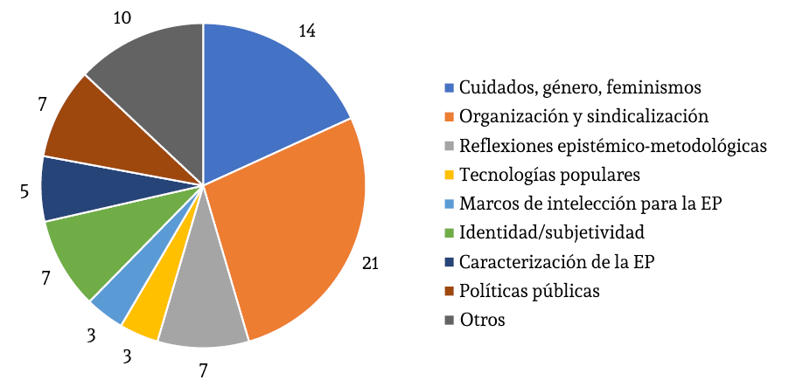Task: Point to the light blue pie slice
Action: [118, 293]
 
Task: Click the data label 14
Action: [306, 31]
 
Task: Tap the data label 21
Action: [369, 263]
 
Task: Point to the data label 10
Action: [123, 17]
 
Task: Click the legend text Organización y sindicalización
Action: [583, 116]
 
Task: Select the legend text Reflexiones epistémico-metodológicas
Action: [613, 145]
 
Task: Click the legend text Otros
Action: [483, 320]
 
